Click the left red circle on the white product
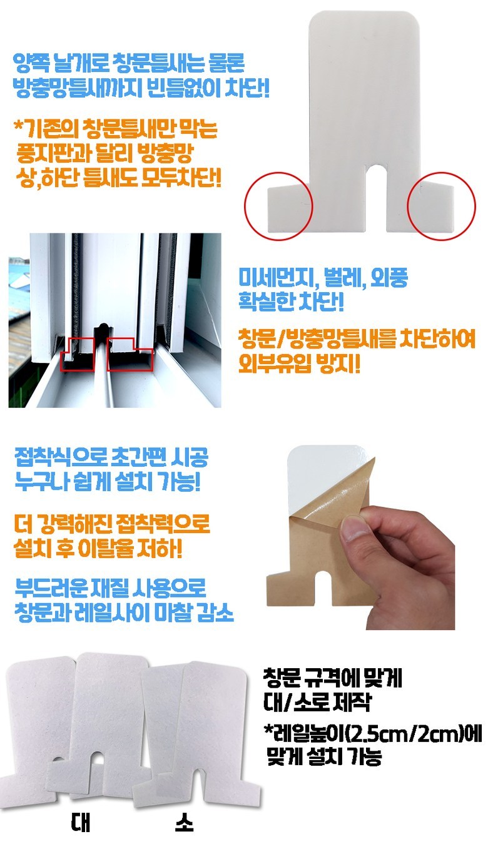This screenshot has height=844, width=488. [245, 206]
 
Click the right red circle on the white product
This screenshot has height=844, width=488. [475, 206]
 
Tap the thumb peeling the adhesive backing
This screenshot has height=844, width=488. [354, 527]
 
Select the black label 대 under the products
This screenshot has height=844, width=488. [81, 823]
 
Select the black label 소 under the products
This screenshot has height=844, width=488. [185, 823]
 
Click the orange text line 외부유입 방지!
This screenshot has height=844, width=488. [300, 364]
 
